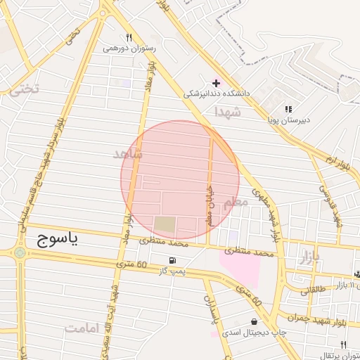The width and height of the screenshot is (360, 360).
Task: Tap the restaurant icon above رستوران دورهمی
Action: (129, 37)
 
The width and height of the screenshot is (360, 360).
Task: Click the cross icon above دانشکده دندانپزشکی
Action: (216, 83)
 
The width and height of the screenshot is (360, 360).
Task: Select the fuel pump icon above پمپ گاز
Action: (173, 259)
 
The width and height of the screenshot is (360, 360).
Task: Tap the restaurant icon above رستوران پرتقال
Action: (343, 345)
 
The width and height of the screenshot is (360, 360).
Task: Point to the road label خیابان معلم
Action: (209, 204)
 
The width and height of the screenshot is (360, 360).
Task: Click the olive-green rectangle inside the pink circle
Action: (165, 225)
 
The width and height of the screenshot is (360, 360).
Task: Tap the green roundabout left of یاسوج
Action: (19, 252)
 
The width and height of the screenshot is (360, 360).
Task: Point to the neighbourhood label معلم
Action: (236, 203)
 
